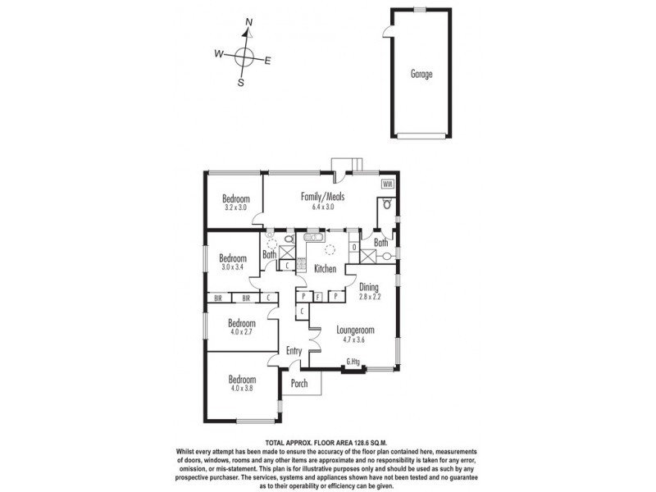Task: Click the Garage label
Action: tap(421, 74)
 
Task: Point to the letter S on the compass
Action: tap(241, 82)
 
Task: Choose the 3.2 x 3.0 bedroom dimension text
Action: tap(235, 208)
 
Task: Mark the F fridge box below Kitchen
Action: tap(318, 295)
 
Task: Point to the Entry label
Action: tap(294, 352)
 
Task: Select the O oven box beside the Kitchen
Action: tap(353, 247)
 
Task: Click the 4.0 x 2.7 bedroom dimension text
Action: tap(242, 333)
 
